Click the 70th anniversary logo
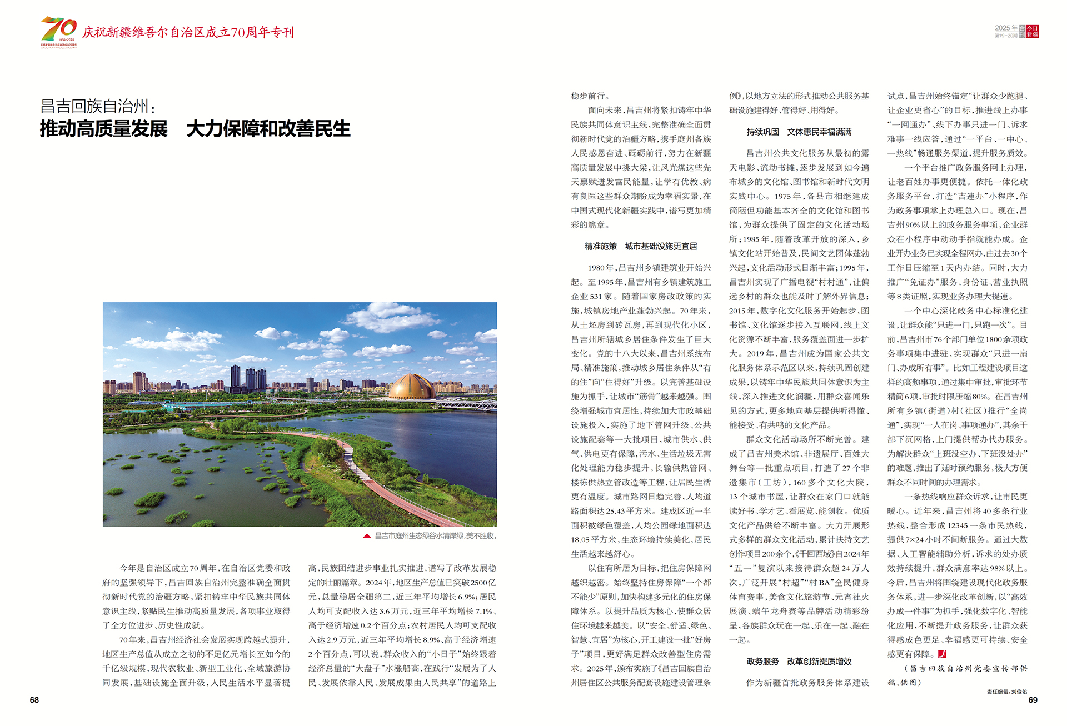pyautogui.click(x=58, y=32)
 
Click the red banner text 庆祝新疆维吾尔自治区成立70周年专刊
pyautogui.click(x=188, y=32)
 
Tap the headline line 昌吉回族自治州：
pyautogui.click(x=98, y=106)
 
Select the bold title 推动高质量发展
pyautogui.click(x=103, y=129)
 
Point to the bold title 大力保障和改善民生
pyautogui.click(x=268, y=129)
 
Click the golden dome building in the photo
pyautogui.click(x=411, y=387)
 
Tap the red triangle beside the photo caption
pyautogui.click(x=367, y=536)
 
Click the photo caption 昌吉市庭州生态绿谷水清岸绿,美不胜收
pyautogui.click(x=436, y=536)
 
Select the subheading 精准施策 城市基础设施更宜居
pyautogui.click(x=640, y=246)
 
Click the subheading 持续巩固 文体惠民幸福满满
pyautogui.click(x=799, y=132)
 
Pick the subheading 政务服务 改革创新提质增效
pyautogui.click(x=799, y=661)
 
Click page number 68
pyautogui.click(x=34, y=700)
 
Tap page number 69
pyautogui.click(x=1033, y=700)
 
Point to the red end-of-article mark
pyautogui.click(x=942, y=654)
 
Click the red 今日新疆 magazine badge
pyautogui.click(x=1032, y=32)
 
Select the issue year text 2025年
pyautogui.click(x=1006, y=28)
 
